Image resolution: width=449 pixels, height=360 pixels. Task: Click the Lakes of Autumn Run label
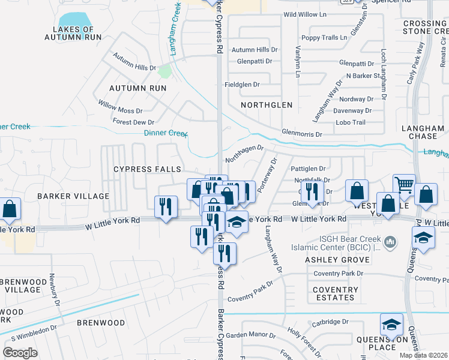click(73, 33)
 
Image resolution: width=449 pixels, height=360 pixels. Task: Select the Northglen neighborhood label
click(267, 105)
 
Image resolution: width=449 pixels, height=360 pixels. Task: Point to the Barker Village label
click(73, 196)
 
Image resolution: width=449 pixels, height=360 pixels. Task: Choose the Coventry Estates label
click(335, 293)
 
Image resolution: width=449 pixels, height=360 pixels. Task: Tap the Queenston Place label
click(391, 342)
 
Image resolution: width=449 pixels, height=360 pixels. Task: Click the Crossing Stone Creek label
click(425, 28)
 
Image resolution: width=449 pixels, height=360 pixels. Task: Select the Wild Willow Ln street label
click(304, 14)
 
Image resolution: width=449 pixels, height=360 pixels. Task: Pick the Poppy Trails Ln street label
click(324, 37)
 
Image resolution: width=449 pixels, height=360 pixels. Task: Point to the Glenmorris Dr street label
click(302, 134)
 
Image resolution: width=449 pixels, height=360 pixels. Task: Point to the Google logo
click(20, 352)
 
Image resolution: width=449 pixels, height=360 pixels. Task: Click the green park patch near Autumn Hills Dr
click(164, 72)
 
